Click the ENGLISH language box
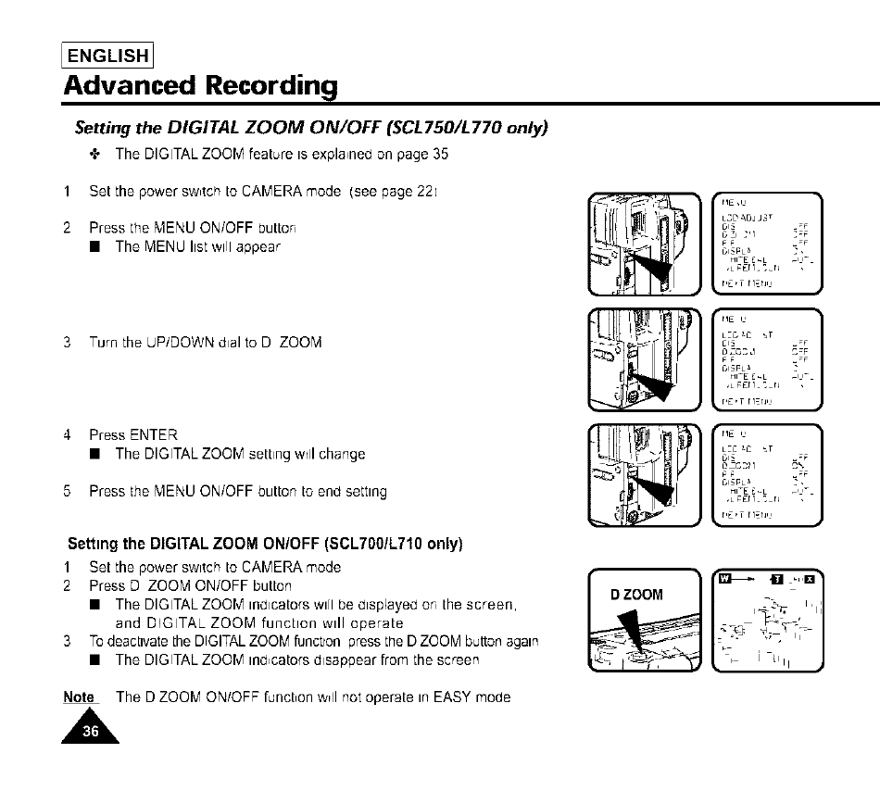coord(107,55)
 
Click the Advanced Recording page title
coord(200,86)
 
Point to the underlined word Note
coord(79,697)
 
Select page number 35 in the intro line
coord(439,154)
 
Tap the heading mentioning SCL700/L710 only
coord(265,543)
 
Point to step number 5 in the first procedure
coord(68,491)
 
